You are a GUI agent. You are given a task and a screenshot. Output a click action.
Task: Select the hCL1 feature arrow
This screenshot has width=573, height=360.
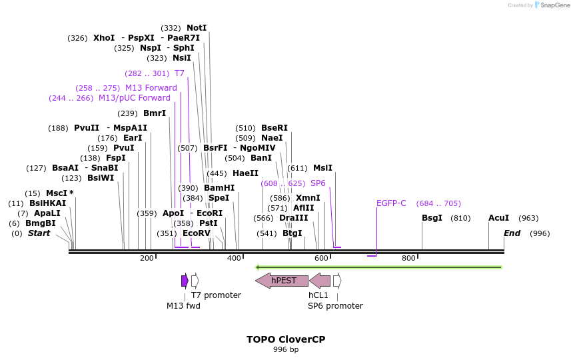(x=320, y=281)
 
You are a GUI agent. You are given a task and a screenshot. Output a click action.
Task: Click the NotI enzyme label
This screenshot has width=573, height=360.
(x=197, y=28)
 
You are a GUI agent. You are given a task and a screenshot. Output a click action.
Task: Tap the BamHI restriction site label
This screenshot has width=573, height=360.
(x=219, y=188)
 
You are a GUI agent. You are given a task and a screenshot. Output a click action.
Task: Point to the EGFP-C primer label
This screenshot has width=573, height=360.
(x=391, y=203)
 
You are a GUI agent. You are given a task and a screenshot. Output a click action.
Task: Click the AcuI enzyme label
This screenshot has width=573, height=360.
(x=498, y=218)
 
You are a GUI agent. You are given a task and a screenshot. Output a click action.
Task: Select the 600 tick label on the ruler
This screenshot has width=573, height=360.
(x=322, y=259)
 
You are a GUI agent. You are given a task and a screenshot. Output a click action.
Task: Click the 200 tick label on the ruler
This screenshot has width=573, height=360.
(x=147, y=259)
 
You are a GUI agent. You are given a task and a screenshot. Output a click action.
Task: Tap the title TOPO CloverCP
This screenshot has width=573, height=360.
(x=286, y=339)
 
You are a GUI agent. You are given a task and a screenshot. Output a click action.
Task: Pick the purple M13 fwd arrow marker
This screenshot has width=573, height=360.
(x=185, y=281)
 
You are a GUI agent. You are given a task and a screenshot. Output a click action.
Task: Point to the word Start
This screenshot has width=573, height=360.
(x=39, y=233)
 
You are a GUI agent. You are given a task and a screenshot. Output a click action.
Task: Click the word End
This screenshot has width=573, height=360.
(x=512, y=233)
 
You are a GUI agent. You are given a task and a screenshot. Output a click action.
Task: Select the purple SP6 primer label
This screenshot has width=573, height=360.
(x=318, y=183)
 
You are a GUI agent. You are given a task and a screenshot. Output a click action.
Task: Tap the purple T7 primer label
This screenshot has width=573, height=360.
(x=179, y=73)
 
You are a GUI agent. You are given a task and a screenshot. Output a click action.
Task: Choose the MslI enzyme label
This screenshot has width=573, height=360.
(x=322, y=168)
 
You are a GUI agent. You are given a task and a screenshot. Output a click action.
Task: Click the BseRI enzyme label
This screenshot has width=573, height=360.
(x=275, y=128)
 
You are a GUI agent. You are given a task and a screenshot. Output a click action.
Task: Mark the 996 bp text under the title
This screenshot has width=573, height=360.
(x=286, y=350)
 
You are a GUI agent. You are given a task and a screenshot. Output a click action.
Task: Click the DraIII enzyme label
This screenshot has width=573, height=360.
(x=294, y=218)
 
